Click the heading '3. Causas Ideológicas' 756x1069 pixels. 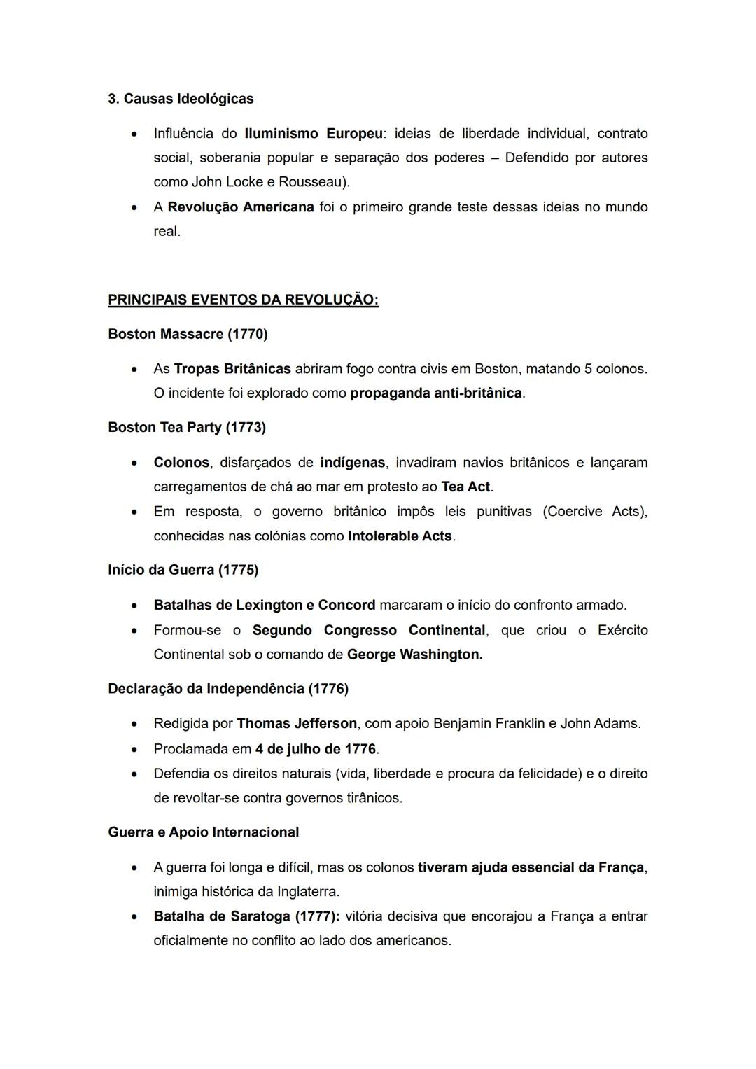(181, 99)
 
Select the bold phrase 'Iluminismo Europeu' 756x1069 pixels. (314, 134)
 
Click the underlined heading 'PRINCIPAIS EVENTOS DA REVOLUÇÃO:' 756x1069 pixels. (243, 300)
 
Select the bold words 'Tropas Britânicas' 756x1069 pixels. (232, 369)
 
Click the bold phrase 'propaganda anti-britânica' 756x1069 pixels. (435, 393)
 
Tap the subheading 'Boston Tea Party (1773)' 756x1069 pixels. (187, 427)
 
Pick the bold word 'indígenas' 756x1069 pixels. (352, 463)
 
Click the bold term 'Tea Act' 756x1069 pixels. (465, 487)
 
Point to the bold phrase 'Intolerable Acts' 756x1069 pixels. (400, 536)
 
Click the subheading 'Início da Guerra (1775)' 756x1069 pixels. (183, 570)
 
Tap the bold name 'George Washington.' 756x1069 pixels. (414, 655)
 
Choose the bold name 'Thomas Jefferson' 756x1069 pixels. (297, 723)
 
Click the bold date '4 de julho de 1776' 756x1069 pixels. (315, 749)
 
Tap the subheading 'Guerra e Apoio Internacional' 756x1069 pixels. (203, 832)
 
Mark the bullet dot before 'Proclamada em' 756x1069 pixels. (134, 750)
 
